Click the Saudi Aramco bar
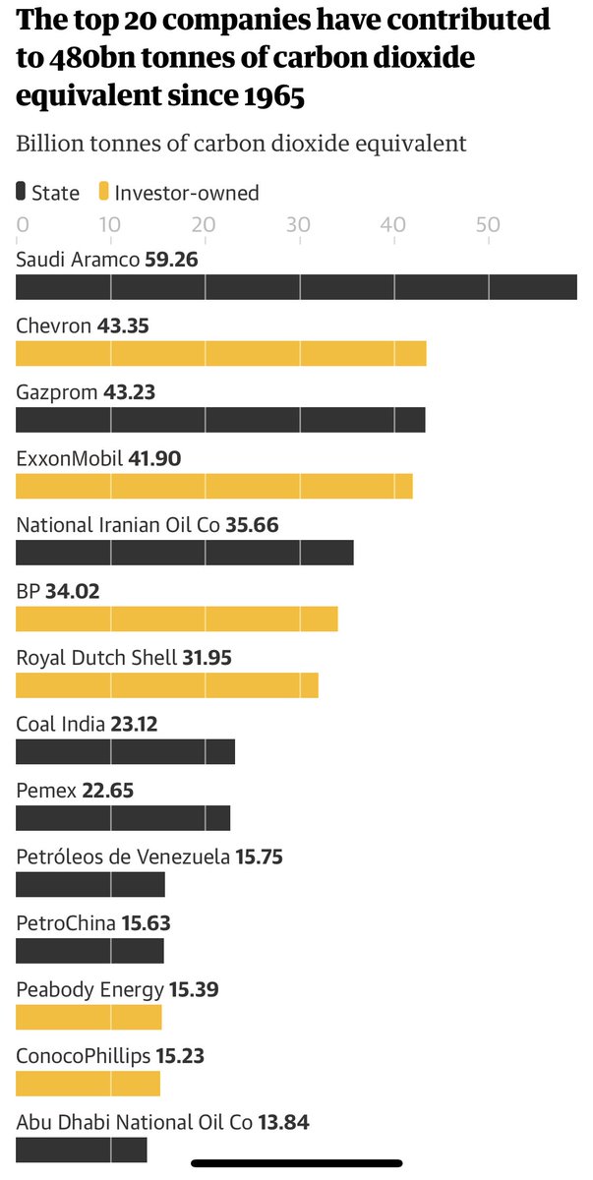click(x=295, y=287)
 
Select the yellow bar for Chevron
click(x=221, y=353)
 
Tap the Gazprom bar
click(x=220, y=420)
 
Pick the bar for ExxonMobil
click(x=214, y=486)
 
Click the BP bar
click(x=177, y=619)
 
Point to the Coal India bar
click(x=126, y=751)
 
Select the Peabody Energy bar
click(x=89, y=1017)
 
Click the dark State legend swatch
click(x=22, y=193)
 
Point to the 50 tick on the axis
click(x=488, y=224)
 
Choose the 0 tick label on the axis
click(x=22, y=224)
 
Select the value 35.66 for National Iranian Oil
click(x=252, y=524)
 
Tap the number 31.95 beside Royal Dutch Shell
click(x=208, y=657)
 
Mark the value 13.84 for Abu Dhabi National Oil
click(x=284, y=1121)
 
